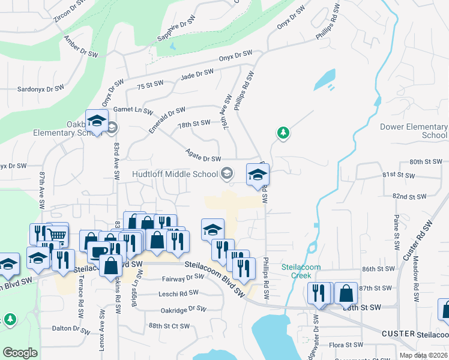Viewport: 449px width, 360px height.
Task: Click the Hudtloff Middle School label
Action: click(x=175, y=174)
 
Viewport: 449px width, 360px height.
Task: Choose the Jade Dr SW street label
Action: click(x=197, y=74)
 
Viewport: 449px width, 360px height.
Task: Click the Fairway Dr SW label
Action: click(x=184, y=278)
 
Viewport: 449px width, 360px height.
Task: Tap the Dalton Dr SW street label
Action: click(x=70, y=328)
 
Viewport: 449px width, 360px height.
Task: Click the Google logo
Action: click(x=20, y=353)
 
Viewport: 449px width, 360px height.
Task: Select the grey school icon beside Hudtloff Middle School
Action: click(x=226, y=174)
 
